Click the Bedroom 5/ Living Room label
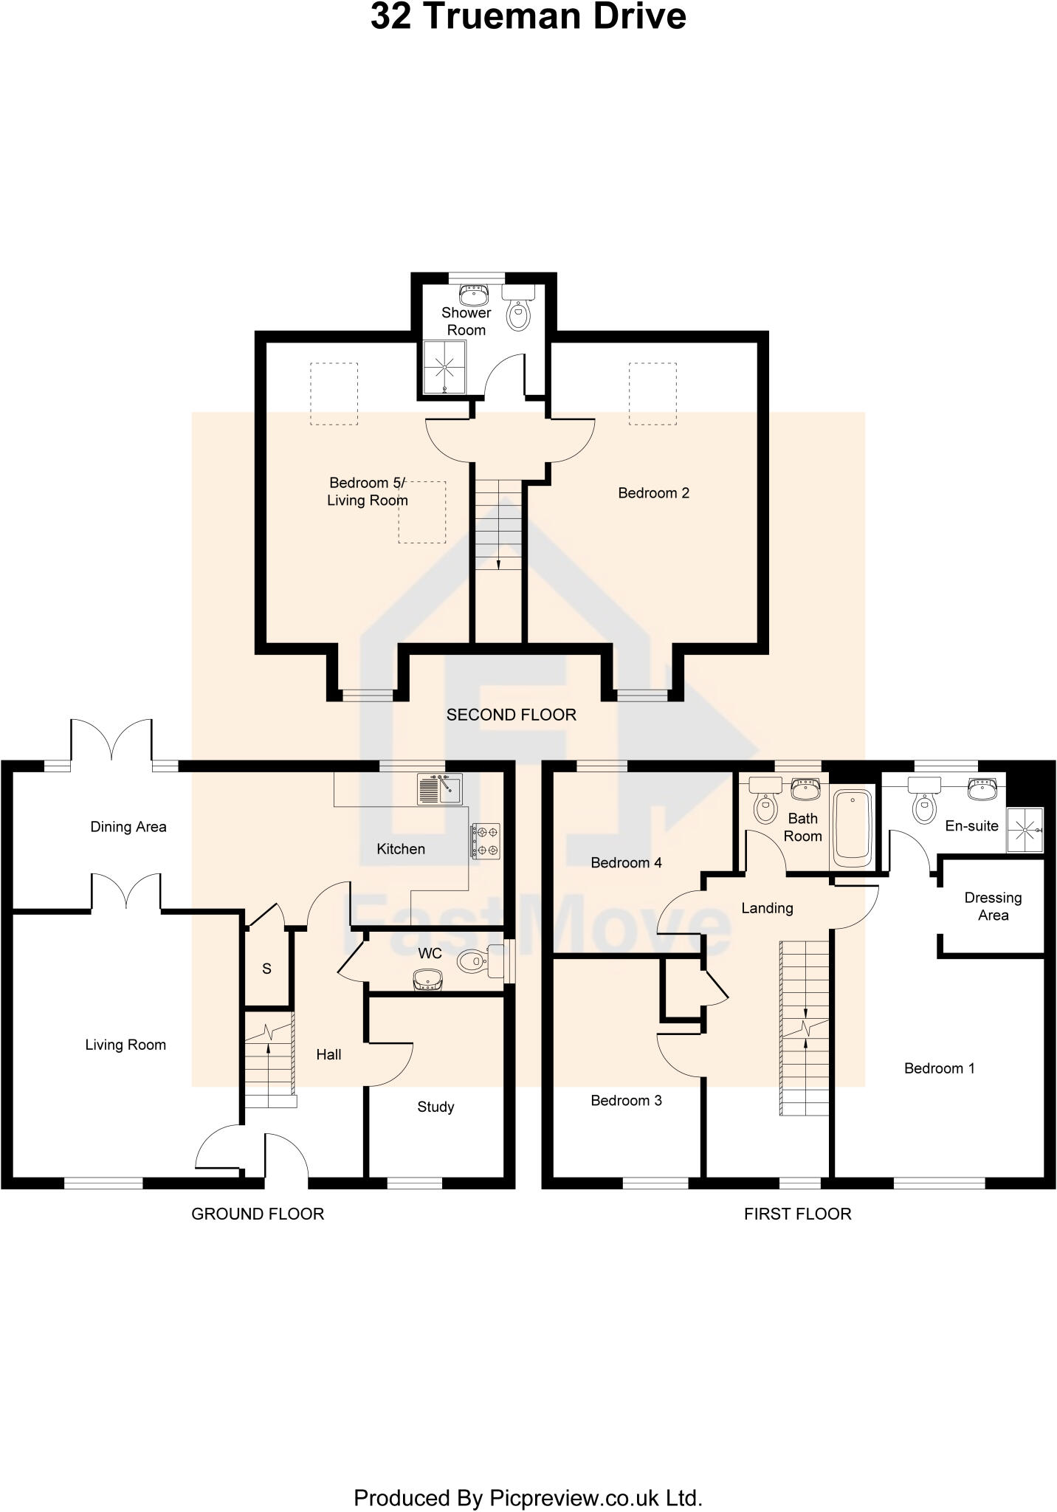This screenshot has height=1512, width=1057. point(368,492)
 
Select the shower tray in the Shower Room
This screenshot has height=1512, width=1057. point(445,367)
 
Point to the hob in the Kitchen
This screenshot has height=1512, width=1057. point(486,841)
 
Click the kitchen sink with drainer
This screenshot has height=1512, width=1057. point(439,789)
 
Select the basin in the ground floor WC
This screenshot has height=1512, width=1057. point(427,980)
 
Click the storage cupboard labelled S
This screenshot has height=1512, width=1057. point(266,969)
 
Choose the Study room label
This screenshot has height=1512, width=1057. point(435,1107)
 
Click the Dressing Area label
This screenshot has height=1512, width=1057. point(993,906)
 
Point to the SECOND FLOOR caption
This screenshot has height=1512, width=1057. point(511,715)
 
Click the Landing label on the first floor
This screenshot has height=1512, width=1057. point(767,908)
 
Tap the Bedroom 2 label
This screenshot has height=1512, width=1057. point(653,493)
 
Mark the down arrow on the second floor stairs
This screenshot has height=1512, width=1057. point(498,563)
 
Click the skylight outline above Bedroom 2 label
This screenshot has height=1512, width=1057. point(653,394)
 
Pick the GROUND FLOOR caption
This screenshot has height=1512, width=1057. point(258,1214)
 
